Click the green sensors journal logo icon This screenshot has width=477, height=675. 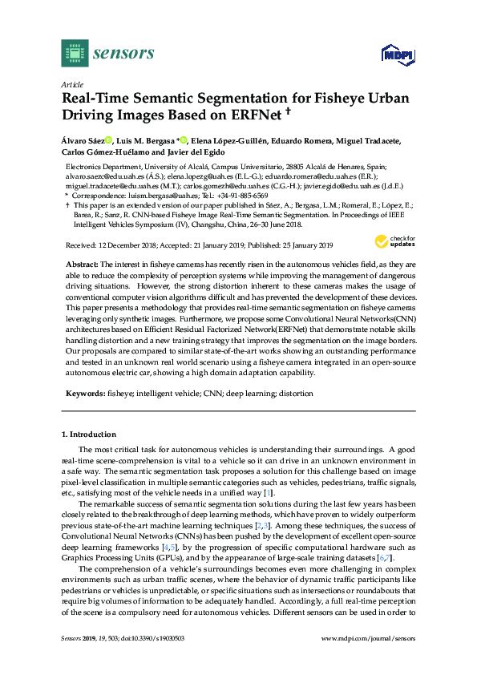pyautogui.click(x=74, y=53)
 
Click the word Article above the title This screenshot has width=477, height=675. pyautogui.click(x=71, y=83)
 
